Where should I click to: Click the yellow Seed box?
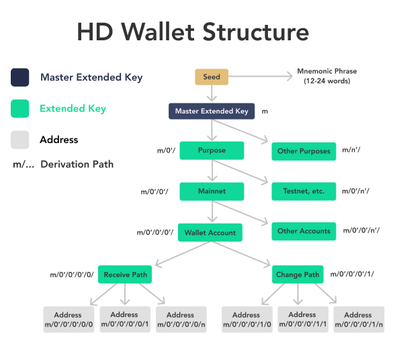(x=212, y=77)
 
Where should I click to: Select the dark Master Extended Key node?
(x=212, y=111)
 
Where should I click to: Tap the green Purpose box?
(x=212, y=150)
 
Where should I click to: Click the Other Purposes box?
(x=304, y=151)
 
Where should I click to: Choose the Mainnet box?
(x=212, y=191)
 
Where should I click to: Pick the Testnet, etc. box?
(x=304, y=191)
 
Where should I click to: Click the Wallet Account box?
(x=210, y=233)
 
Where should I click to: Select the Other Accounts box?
(x=304, y=231)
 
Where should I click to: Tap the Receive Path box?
(x=126, y=275)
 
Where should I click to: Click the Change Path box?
(x=298, y=275)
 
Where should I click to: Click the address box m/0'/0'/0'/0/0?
(x=68, y=320)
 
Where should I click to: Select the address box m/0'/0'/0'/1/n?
(x=358, y=320)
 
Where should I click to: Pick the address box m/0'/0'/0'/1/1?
(x=302, y=320)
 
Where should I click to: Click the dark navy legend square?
(x=20, y=77)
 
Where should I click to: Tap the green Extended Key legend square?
(x=20, y=109)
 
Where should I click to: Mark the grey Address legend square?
(x=20, y=140)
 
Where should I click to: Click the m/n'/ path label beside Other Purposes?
(x=351, y=150)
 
